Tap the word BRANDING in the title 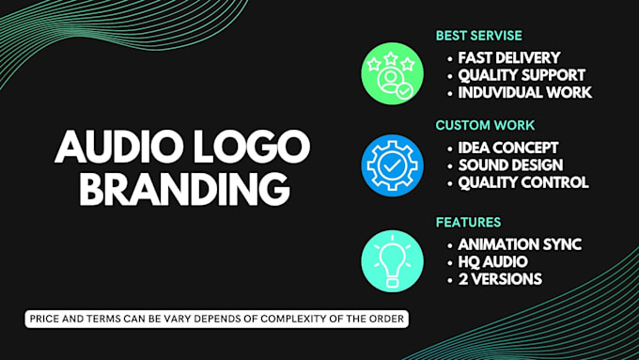(x=183, y=188)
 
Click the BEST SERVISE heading (x=478, y=36)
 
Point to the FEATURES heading (x=467, y=222)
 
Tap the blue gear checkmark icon (x=392, y=165)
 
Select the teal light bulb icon (x=392, y=260)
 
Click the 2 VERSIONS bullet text (x=501, y=279)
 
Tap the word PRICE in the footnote (x=45, y=321)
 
